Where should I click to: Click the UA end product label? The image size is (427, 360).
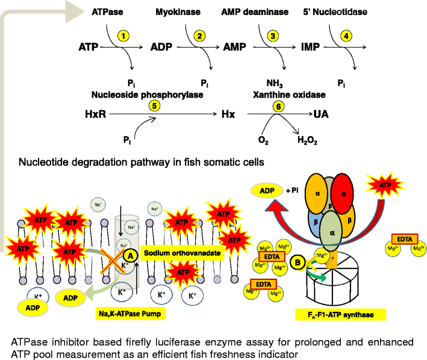pos(320,113)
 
